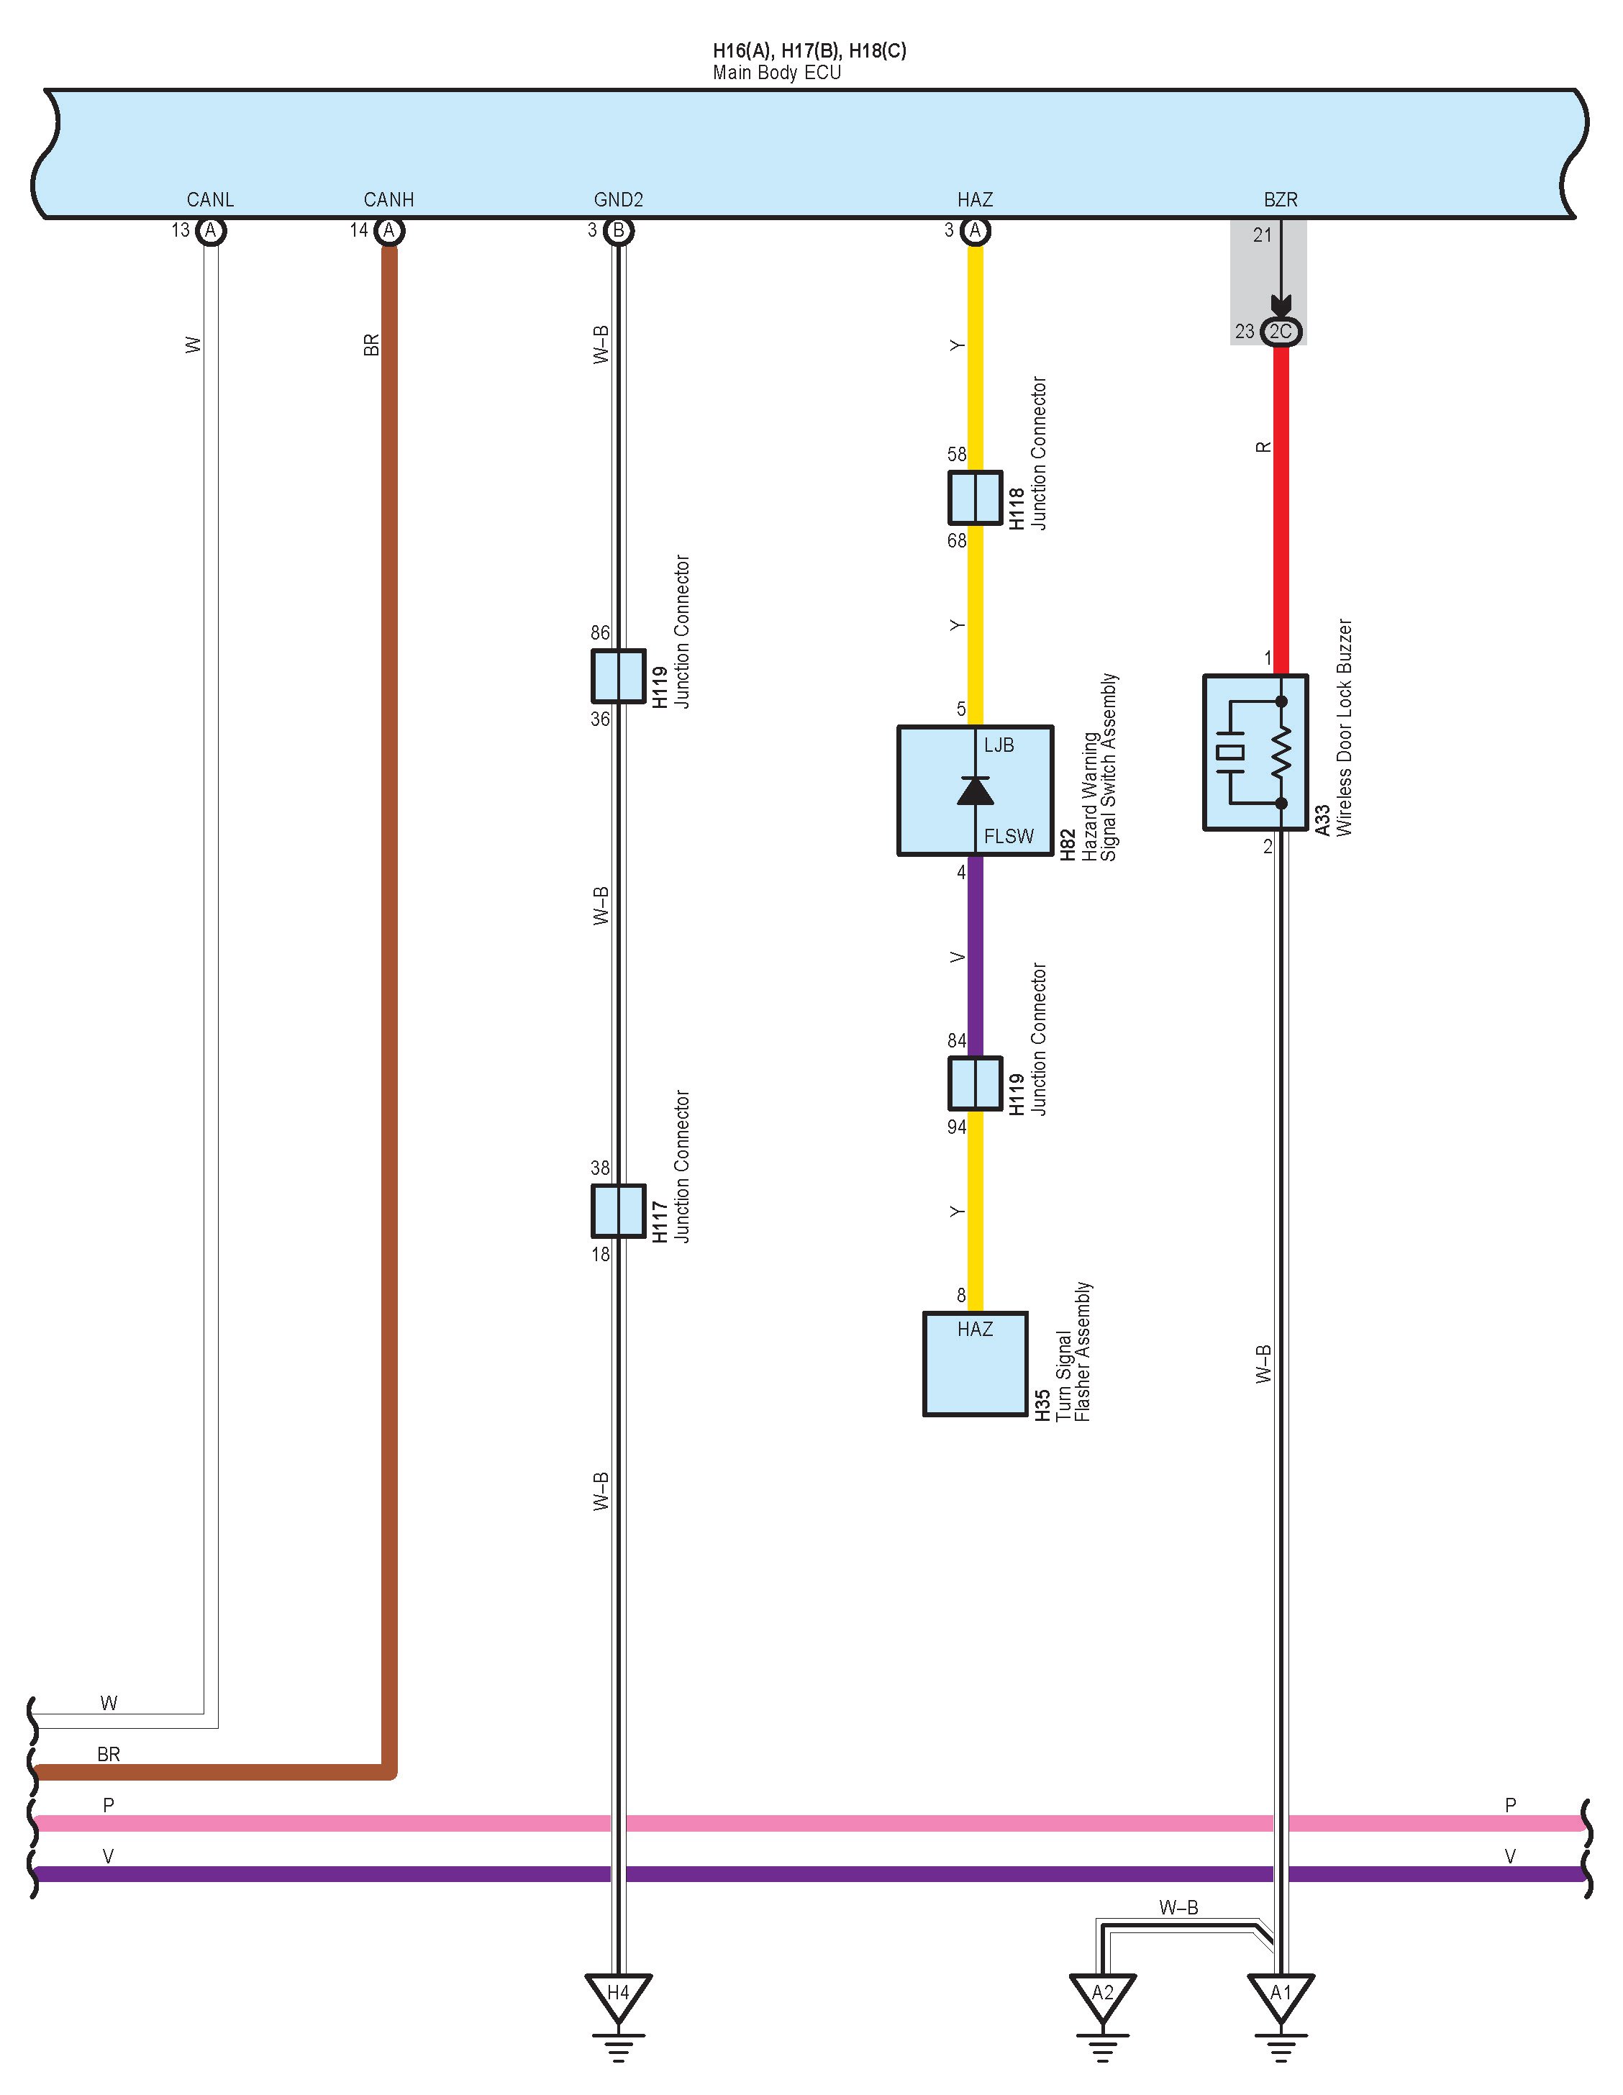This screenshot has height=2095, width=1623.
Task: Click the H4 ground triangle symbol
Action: pos(618,1994)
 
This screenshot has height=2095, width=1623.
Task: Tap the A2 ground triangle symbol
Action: pos(1102,1994)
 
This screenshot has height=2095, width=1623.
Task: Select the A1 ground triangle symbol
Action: pos(1281,1994)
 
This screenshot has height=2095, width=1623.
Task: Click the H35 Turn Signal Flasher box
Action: pos(975,1363)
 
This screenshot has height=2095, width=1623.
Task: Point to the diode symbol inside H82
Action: pos(976,791)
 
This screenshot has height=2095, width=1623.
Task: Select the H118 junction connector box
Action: pos(975,497)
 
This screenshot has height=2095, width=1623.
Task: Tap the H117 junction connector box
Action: pos(618,1211)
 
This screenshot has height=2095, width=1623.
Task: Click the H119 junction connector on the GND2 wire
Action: pos(618,676)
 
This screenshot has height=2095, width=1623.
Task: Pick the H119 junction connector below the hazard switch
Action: pos(975,1083)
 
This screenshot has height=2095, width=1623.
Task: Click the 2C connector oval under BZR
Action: pos(1281,331)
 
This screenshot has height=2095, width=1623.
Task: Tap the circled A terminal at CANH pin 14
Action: pos(388,230)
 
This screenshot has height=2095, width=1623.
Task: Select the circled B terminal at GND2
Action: pos(619,230)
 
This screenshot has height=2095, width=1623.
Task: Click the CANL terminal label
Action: pos(210,199)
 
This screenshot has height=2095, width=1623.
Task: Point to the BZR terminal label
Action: pos(1281,199)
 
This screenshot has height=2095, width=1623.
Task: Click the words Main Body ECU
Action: pos(776,73)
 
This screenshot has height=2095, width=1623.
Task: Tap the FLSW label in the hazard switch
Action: pos(1008,837)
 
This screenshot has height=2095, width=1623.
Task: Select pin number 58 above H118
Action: pos(956,454)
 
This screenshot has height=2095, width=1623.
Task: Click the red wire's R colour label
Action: pos(1263,447)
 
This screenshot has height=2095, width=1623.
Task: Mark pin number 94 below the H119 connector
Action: pos(956,1127)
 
